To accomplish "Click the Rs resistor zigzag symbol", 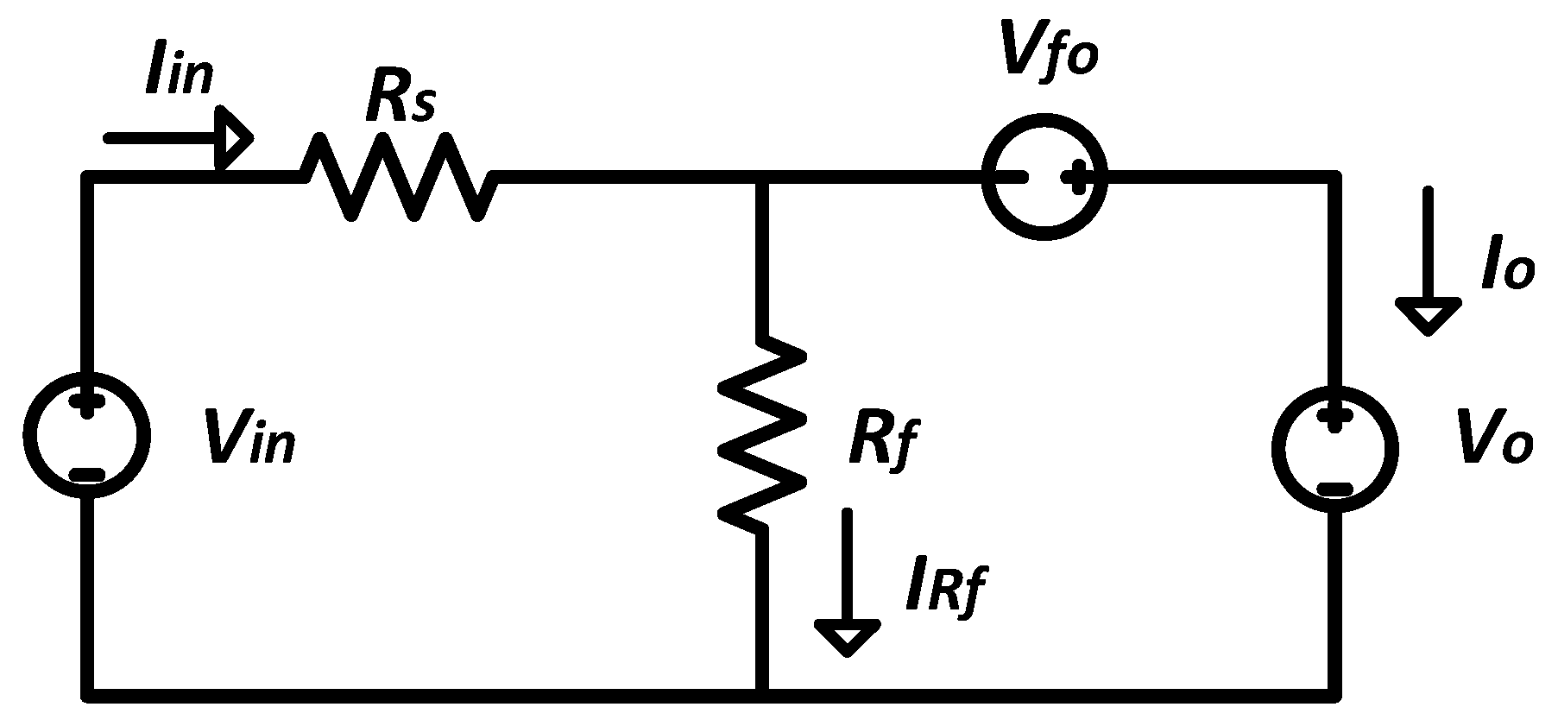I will click(x=398, y=177).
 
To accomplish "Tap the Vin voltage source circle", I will click(x=87, y=434).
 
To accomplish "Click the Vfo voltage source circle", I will click(x=1045, y=178).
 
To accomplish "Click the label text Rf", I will click(x=881, y=442).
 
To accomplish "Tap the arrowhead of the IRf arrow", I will click(x=848, y=637).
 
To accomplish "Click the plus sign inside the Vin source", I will click(x=86, y=403).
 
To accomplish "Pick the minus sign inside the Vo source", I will click(x=1334, y=489).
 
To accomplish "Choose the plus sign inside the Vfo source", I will click(x=1076, y=178).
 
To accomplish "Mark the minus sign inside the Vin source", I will click(x=87, y=475).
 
